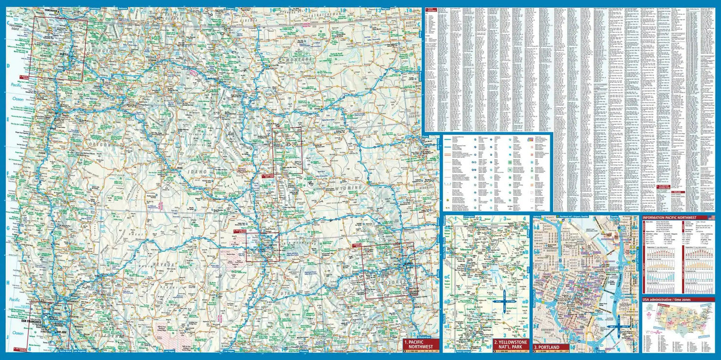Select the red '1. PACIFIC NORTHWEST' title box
(420, 344)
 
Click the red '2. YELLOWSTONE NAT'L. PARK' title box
(510, 344)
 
